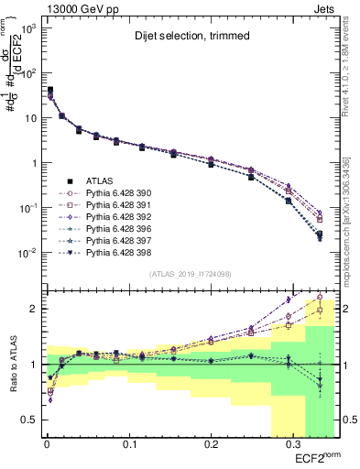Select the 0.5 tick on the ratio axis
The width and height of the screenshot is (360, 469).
click(27, 420)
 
